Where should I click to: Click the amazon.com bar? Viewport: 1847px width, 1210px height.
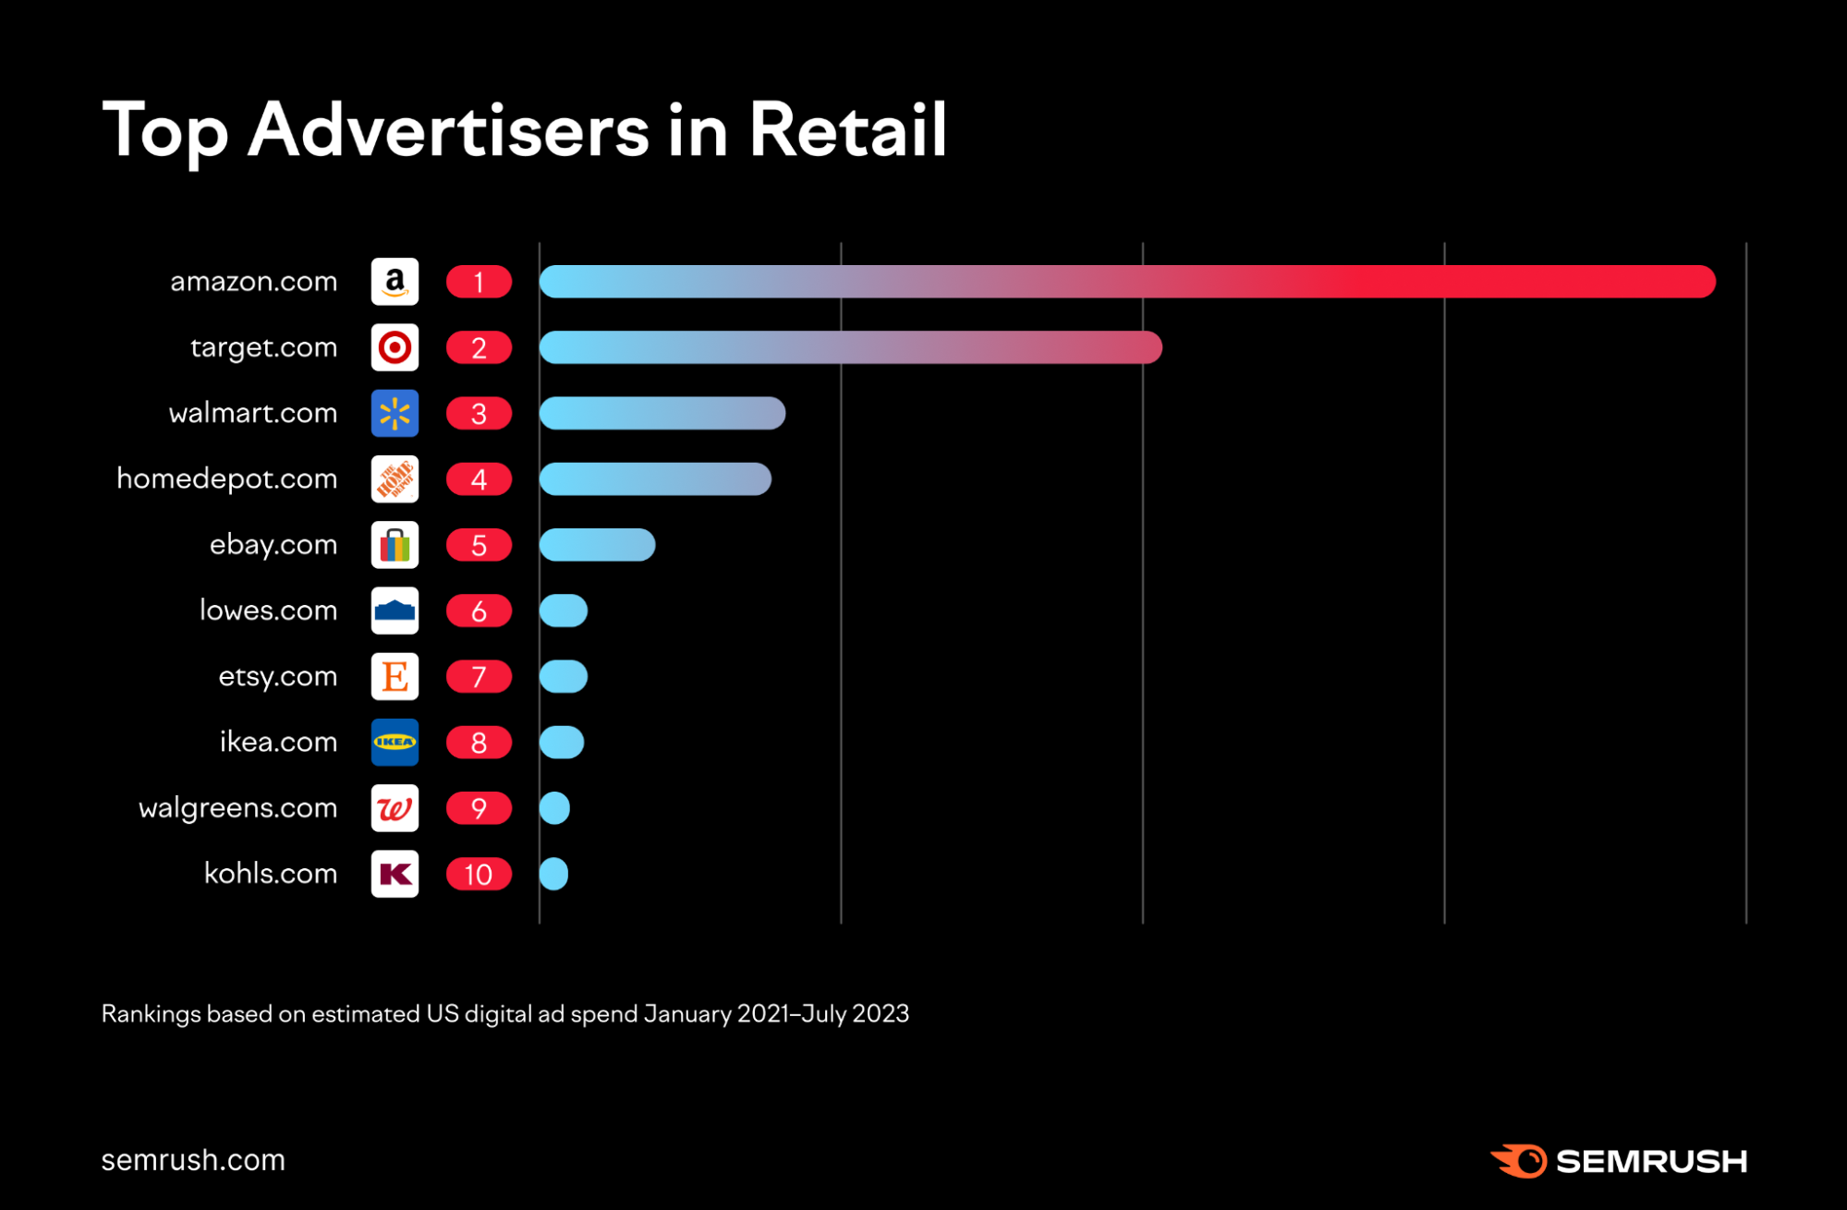(1127, 282)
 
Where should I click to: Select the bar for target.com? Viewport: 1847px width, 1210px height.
(850, 347)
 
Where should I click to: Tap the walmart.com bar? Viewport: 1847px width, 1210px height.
(662, 413)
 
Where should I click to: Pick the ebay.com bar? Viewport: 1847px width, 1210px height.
(597, 545)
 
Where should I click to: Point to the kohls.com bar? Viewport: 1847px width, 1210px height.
(553, 874)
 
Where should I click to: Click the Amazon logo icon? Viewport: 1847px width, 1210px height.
(395, 282)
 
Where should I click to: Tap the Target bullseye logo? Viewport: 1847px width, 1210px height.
(395, 347)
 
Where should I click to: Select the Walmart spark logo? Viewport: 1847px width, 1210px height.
(395, 413)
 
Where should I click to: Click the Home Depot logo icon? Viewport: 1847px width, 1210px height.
(395, 479)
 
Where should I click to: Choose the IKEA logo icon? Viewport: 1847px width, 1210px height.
(395, 743)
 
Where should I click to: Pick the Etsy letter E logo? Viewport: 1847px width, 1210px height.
(395, 676)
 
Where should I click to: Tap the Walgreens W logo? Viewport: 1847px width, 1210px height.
(395, 808)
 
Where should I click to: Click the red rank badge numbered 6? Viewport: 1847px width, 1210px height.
(479, 611)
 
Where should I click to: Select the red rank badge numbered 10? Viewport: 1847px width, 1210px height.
(479, 874)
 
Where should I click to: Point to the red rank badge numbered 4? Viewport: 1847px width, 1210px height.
(479, 479)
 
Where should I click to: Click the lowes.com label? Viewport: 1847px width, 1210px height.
(268, 611)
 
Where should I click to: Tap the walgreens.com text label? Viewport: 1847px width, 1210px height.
(237, 808)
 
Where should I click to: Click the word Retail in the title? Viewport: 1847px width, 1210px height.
(847, 130)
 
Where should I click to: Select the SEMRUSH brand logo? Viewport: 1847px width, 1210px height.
(1619, 1161)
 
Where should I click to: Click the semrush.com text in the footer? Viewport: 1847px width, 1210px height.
(193, 1160)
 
